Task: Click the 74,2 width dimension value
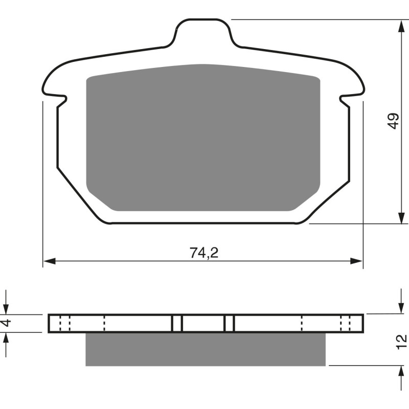click(x=204, y=253)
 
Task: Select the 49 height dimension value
click(x=393, y=121)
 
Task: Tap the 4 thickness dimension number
click(x=7, y=323)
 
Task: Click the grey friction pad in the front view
click(x=203, y=138)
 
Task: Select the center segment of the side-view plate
click(x=203, y=323)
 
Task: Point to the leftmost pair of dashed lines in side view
click(x=64, y=323)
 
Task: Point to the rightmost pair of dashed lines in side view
click(x=345, y=323)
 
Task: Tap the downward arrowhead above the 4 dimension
click(x=7, y=309)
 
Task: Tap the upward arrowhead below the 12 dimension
click(x=399, y=371)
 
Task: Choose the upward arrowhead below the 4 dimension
click(x=7, y=337)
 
